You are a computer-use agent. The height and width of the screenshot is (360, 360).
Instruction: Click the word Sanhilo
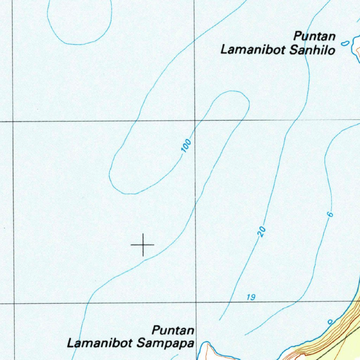312,50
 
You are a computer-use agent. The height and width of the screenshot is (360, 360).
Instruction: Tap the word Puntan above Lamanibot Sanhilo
315,37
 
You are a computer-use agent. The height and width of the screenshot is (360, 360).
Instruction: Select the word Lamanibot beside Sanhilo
253,50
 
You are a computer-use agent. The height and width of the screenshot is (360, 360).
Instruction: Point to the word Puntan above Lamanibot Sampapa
173,331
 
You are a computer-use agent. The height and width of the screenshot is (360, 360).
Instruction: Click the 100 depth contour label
187,146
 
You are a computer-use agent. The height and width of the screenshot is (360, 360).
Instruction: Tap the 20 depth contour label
262,232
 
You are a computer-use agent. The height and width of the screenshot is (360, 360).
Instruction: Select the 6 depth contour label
330,214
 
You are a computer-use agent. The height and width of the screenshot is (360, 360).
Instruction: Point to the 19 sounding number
251,298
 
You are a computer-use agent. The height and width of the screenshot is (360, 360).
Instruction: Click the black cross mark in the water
143,244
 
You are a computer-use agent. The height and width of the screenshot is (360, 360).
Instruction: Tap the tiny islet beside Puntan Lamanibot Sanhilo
346,43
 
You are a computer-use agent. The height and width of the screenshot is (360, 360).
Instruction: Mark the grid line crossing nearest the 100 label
195,120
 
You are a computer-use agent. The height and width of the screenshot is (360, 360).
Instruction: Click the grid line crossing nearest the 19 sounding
196,302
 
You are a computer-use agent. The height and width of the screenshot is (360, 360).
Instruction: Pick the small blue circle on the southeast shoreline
330,322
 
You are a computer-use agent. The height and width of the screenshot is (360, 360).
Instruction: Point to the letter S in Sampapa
141,343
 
